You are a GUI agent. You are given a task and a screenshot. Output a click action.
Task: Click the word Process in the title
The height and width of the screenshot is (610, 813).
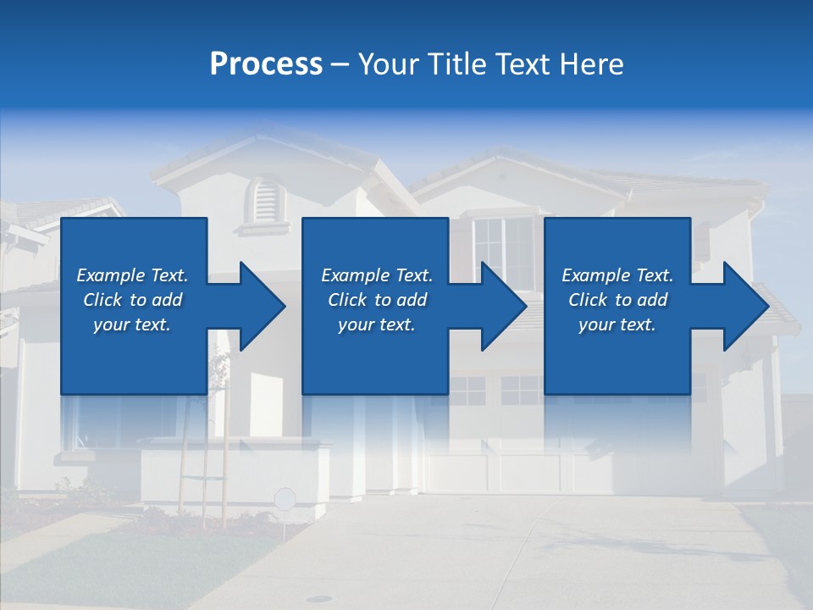tap(266, 64)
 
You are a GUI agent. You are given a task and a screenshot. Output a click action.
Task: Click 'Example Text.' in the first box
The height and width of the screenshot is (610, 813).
tap(132, 275)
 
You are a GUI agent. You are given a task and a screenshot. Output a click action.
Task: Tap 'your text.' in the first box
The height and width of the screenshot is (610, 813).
tap(132, 324)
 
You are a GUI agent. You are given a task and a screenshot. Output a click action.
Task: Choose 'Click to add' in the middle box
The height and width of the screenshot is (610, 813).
tap(377, 300)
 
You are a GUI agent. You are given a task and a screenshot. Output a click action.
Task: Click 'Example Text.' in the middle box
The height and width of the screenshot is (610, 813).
tap(377, 275)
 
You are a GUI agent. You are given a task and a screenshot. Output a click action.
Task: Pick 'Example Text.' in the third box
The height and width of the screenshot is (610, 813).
tap(617, 275)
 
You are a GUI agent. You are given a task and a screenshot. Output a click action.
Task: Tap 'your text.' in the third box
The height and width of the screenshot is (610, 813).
tap(617, 324)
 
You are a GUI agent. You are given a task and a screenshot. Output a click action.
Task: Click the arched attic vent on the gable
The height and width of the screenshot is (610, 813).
tap(266, 200)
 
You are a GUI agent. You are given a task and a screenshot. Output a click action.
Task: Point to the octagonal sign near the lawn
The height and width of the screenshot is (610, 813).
tap(285, 498)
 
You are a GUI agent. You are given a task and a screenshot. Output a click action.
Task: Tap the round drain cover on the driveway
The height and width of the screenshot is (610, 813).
tap(319, 599)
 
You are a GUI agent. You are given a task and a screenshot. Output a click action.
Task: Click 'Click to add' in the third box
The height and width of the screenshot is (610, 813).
tap(617, 300)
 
